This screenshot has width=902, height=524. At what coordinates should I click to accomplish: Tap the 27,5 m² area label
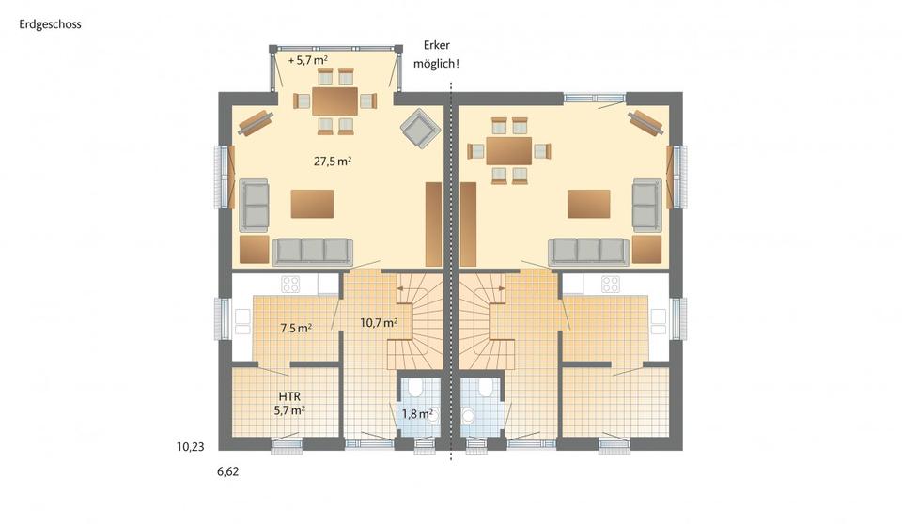pyautogui.click(x=333, y=162)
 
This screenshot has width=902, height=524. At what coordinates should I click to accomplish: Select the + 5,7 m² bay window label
pyautogui.click(x=309, y=60)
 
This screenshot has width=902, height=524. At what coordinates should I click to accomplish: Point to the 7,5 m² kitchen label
pyautogui.click(x=296, y=329)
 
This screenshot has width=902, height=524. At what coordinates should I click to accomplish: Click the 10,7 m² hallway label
pyautogui.click(x=379, y=322)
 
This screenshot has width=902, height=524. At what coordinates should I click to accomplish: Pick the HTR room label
pyautogui.click(x=288, y=397)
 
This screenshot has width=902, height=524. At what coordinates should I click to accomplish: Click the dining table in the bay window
pyautogui.click(x=335, y=100)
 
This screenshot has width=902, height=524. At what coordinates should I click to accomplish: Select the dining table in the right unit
pyautogui.click(x=508, y=150)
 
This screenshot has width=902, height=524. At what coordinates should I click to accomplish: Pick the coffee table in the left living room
pyautogui.click(x=312, y=204)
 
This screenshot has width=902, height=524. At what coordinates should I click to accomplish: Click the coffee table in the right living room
pyautogui.click(x=588, y=204)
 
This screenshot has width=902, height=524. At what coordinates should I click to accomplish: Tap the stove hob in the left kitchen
pyautogui.click(x=290, y=283)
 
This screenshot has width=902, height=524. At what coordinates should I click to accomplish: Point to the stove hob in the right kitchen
pyautogui.click(x=611, y=283)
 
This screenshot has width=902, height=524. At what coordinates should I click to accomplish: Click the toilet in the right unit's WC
pyautogui.click(x=485, y=388)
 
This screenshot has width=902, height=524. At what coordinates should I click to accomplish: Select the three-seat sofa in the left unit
pyautogui.click(x=312, y=251)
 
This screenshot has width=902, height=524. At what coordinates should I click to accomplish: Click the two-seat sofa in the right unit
pyautogui.click(x=645, y=205)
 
